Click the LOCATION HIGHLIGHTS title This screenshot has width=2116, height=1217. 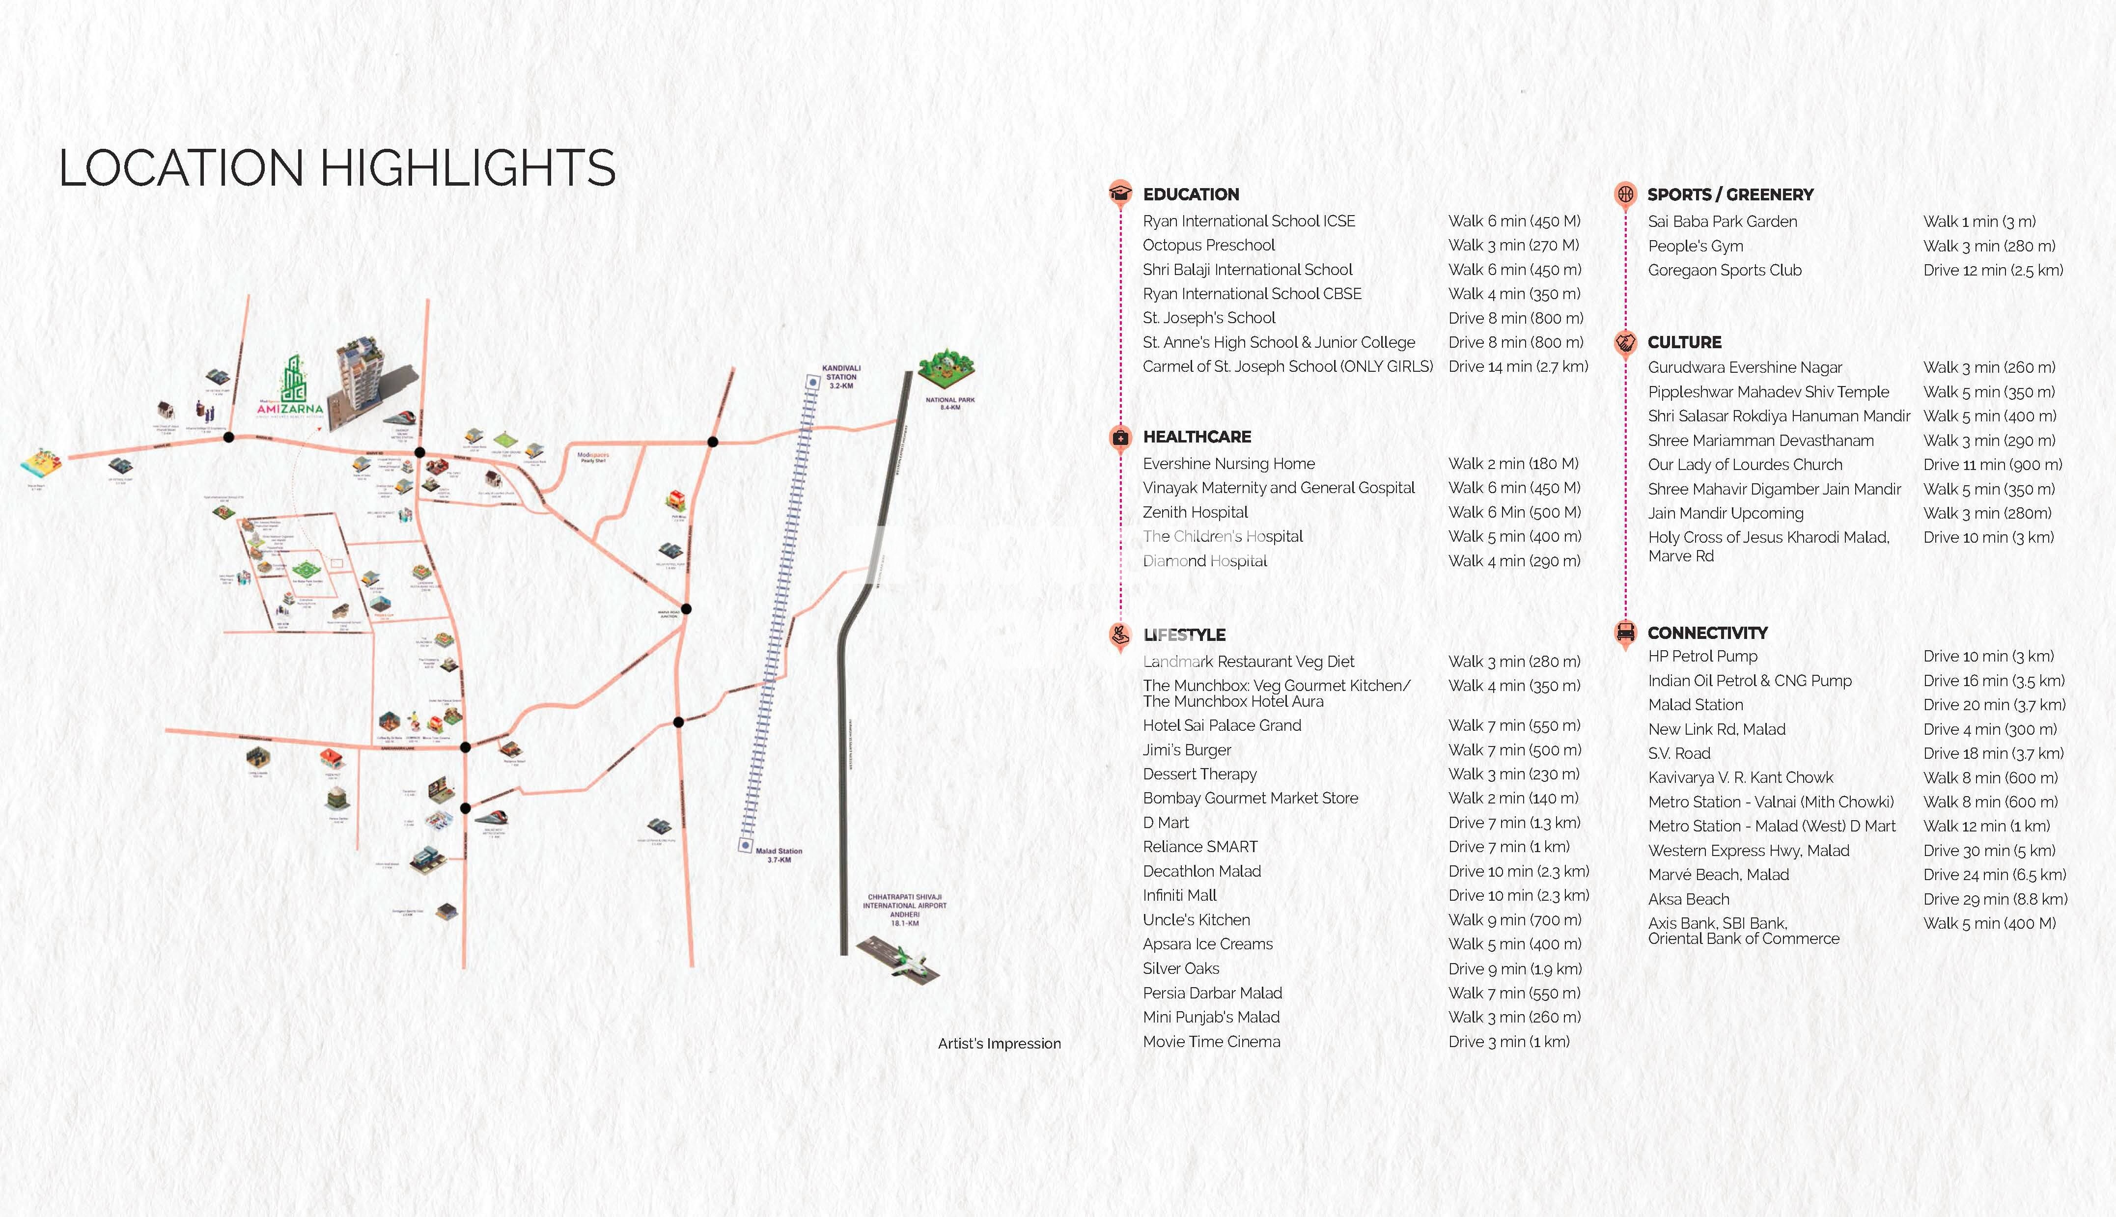click(x=337, y=168)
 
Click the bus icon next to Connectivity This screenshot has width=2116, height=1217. click(x=1625, y=632)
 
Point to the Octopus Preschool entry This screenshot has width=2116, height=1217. click(x=1208, y=245)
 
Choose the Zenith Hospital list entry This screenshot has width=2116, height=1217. click(x=1195, y=512)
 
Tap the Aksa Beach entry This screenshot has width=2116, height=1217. click(x=1688, y=899)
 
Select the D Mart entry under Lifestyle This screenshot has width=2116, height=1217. click(x=1166, y=823)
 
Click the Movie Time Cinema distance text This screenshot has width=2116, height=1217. click(x=1508, y=1042)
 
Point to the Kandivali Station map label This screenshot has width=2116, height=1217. click(x=841, y=376)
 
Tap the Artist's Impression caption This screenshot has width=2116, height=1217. click(x=999, y=1043)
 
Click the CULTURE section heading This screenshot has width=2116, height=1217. click(x=1684, y=342)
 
